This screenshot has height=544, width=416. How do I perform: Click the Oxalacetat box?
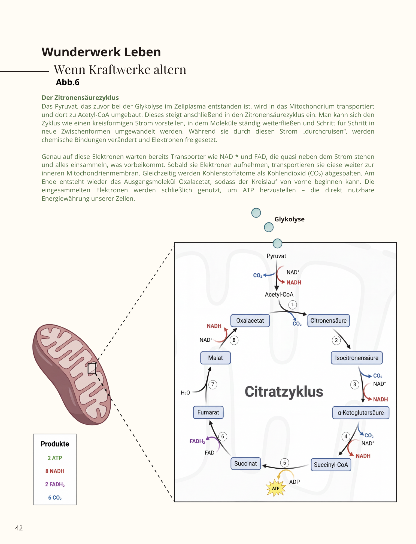(250, 321)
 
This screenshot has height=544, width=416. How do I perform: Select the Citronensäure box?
(329, 321)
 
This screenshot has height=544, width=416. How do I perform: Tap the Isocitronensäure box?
(357, 358)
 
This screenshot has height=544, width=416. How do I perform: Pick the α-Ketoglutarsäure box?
(361, 413)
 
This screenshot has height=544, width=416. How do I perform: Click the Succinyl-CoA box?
(331, 465)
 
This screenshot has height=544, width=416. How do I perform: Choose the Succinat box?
(246, 463)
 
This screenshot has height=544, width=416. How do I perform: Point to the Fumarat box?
(208, 412)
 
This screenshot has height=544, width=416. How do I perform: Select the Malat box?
(215, 358)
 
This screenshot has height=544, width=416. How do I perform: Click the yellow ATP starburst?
(276, 488)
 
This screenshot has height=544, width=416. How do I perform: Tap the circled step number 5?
(285, 463)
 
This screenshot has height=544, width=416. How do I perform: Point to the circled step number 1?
(293, 305)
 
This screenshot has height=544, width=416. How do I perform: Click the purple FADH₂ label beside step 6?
(197, 441)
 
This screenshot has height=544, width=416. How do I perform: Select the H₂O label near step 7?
(185, 393)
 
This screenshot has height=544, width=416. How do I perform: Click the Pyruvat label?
(276, 256)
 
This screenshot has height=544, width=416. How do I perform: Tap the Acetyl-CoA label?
(279, 295)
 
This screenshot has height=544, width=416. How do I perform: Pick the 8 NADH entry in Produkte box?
(55, 471)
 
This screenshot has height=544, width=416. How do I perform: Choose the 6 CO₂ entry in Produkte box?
(55, 498)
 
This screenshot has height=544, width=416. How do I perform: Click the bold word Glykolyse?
(289, 219)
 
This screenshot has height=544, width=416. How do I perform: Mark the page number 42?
(19, 528)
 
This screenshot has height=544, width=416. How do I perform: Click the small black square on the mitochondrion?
(92, 368)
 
